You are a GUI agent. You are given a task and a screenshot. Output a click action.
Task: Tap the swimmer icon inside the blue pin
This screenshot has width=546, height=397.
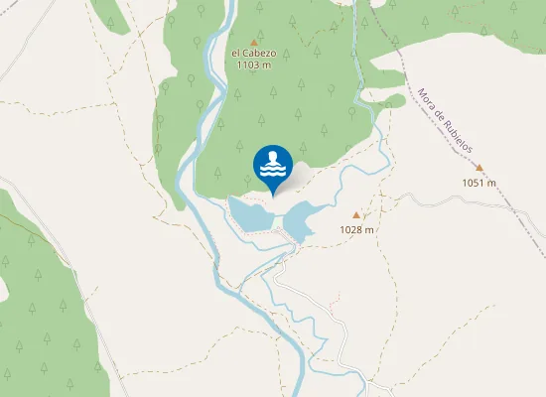[x=273, y=159]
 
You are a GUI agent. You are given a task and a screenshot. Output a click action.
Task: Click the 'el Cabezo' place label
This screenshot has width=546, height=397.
[x=253, y=53]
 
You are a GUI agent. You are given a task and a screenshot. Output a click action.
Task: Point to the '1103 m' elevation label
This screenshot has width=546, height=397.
[x=253, y=65]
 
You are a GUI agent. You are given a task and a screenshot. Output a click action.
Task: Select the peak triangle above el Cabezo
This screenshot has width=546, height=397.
[x=254, y=42]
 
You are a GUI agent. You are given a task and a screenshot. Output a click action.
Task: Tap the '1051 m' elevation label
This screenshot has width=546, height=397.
[x=478, y=183]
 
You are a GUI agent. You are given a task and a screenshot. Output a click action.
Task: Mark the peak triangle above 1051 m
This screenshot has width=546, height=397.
[x=479, y=169]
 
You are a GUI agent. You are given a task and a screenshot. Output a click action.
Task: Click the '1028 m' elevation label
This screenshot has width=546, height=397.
[x=356, y=229]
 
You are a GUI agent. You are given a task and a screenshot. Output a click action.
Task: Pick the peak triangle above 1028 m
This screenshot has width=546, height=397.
[x=356, y=215]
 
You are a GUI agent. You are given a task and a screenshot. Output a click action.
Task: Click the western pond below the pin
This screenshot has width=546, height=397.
[x=249, y=213]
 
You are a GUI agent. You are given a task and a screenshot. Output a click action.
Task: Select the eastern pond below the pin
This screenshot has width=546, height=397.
[x=306, y=215]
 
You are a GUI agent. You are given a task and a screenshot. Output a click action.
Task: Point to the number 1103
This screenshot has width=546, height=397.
[x=248, y=65]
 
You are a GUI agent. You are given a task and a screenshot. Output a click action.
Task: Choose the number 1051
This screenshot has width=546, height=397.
[x=474, y=183]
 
